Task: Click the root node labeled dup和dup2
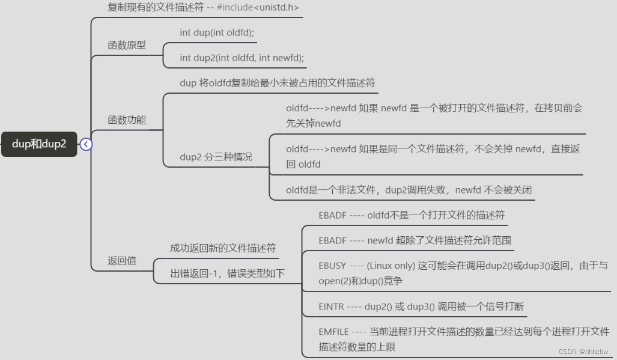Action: point(39,144)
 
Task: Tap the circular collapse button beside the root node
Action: point(86,144)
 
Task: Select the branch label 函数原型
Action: point(126,45)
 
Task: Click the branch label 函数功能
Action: point(126,120)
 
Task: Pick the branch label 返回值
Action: point(122,260)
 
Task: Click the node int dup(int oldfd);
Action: point(217,32)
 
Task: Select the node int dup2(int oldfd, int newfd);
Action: point(242,58)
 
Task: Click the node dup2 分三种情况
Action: point(216,157)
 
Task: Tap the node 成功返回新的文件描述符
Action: point(222,248)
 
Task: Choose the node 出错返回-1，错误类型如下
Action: point(227,273)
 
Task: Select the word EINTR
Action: point(331,307)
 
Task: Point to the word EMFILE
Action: point(333,332)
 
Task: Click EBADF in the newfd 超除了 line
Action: point(332,240)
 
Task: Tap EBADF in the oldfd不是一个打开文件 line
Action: point(332,215)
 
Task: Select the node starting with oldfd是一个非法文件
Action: point(409,190)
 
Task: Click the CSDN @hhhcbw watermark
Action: point(583,352)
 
